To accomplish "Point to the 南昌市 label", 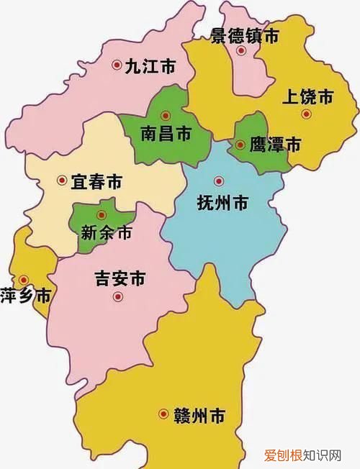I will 166,133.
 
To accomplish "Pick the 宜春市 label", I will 96,182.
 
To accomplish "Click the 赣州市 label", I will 199,415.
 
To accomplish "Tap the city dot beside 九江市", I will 117,65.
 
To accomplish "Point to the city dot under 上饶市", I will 306,114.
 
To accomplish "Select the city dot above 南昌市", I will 166,114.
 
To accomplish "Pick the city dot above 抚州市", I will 219,181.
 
